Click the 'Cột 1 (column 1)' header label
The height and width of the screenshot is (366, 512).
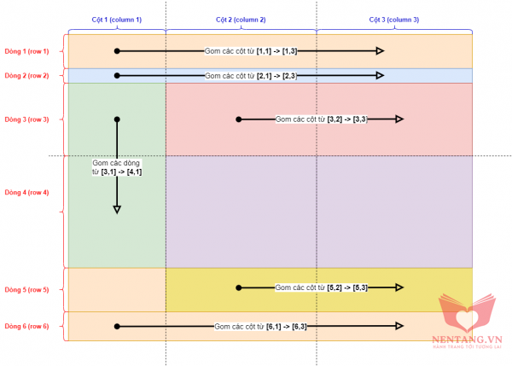(x=117, y=19)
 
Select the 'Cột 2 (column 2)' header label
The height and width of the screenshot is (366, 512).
(x=241, y=19)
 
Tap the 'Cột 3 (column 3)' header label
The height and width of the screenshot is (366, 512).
(x=394, y=19)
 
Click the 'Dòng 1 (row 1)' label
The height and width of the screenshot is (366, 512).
(x=27, y=51)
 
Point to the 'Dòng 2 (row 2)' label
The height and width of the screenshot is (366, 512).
(x=27, y=76)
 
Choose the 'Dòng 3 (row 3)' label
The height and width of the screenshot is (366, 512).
(x=27, y=119)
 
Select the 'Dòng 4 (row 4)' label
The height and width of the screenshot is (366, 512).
(x=27, y=192)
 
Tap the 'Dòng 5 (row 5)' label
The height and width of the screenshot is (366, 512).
(x=27, y=289)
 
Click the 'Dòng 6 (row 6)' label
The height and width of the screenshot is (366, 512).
(x=27, y=326)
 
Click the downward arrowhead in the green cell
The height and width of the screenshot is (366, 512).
(x=117, y=208)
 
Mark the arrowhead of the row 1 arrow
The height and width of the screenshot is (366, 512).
(x=380, y=51)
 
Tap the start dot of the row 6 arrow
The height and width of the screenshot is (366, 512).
(x=117, y=326)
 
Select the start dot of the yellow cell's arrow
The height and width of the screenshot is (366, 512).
(x=239, y=288)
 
